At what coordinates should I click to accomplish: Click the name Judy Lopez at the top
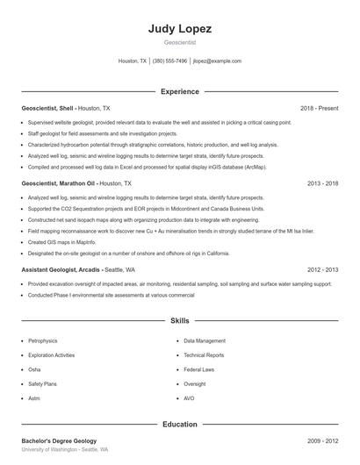pos(179,28)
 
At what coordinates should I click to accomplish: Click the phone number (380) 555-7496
pos(169,61)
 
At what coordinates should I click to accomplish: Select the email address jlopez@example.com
pos(217,61)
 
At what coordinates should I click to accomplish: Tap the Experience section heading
pos(179,91)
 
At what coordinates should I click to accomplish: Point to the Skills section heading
pos(179,321)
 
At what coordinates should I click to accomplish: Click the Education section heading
pos(179,425)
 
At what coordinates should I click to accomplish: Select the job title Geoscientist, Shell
pos(48,108)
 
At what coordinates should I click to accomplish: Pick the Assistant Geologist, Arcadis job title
pos(61,270)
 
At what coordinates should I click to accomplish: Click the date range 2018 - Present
pos(319,108)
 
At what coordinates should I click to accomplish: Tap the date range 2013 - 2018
pos(322,184)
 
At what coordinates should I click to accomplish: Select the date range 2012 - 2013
pos(322,270)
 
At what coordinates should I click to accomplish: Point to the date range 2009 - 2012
pos(322,440)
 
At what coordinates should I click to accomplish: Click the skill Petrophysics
pos(43,340)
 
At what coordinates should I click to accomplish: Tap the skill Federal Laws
pos(199,369)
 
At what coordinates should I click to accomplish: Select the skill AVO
pos(190,398)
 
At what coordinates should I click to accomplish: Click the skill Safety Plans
pos(42,383)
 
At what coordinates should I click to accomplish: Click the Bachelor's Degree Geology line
pos(59,440)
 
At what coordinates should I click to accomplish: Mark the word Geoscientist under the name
pos(179,42)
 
